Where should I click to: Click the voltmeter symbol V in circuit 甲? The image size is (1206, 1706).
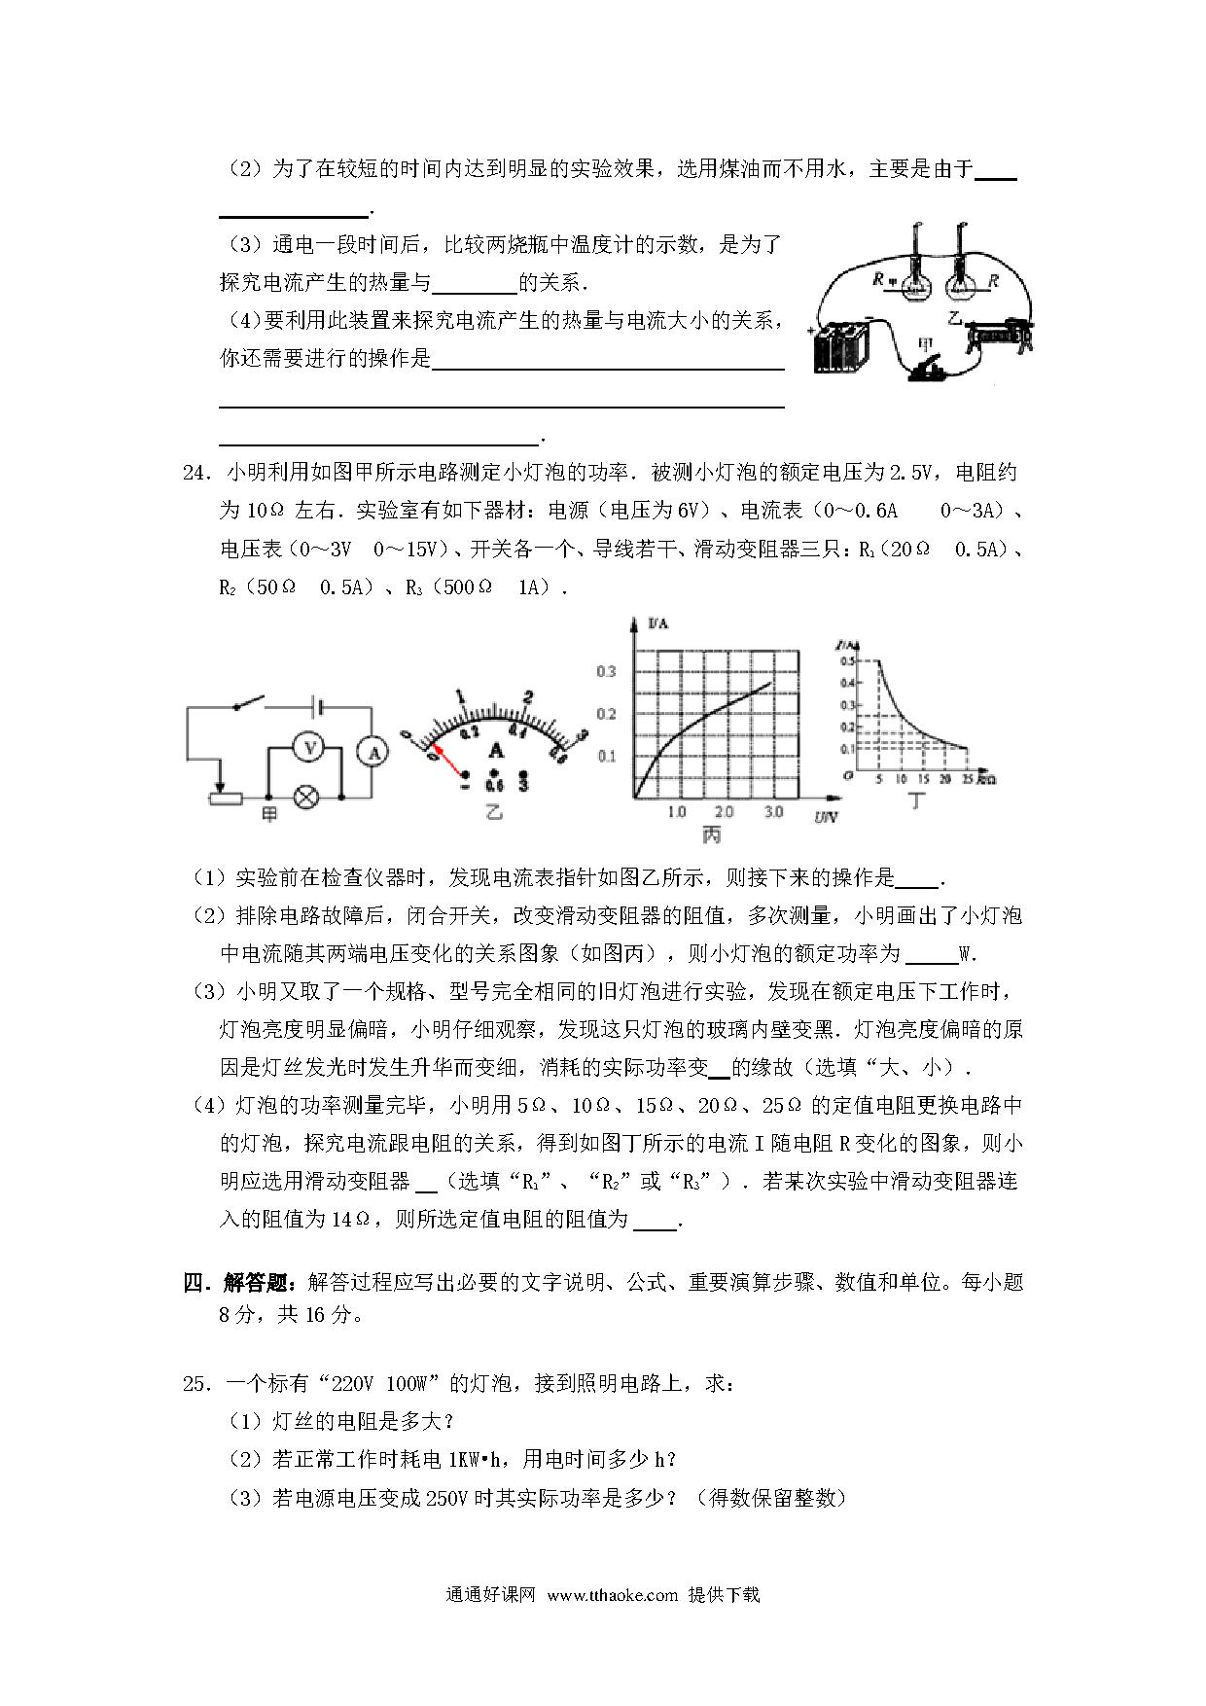pyautogui.click(x=309, y=747)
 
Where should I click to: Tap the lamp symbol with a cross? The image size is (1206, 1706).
pyautogui.click(x=308, y=798)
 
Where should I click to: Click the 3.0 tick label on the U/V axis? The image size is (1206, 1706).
pyautogui.click(x=774, y=811)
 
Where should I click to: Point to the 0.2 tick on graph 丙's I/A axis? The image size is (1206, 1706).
pyautogui.click(x=607, y=714)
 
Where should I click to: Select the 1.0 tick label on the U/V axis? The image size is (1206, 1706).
pyautogui.click(x=677, y=811)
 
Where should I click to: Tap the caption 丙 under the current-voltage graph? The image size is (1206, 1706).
pyautogui.click(x=711, y=835)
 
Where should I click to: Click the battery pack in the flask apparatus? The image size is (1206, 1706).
pyautogui.click(x=841, y=347)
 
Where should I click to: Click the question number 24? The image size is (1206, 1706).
pyautogui.click(x=195, y=474)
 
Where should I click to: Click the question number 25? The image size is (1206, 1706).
pyautogui.click(x=195, y=1383)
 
